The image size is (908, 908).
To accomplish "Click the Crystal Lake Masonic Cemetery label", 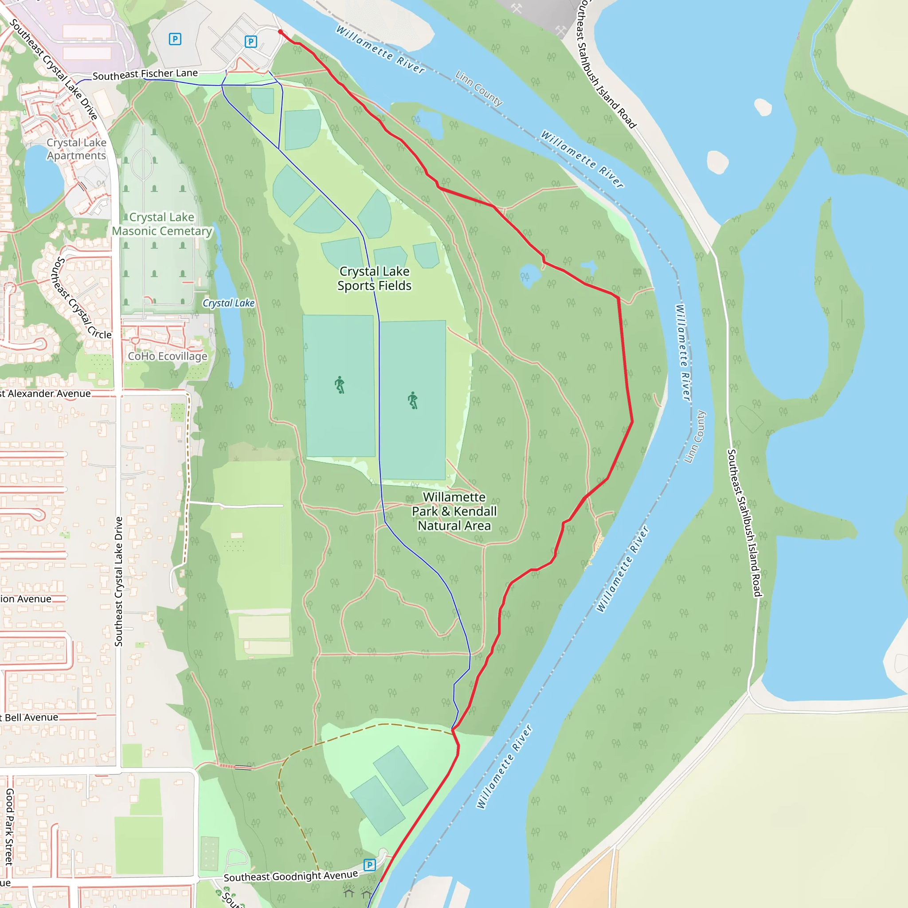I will pos(162,224).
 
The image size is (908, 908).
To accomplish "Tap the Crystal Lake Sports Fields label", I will pos(374,278).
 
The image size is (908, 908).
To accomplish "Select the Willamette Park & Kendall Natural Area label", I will pos(454,511).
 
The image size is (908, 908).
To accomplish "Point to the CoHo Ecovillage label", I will pos(167,356).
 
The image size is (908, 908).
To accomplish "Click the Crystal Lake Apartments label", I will pos(76,149).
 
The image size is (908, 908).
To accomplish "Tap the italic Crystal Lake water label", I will pos(228,303).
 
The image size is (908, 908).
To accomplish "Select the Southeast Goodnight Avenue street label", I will pos(290,876).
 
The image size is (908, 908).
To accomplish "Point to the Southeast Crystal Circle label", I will pos(81,297).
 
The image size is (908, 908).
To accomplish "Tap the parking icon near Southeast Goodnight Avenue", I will pos(369,865).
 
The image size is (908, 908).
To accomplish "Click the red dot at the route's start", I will pos(281,32).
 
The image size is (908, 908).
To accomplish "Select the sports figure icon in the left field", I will pos(339,385).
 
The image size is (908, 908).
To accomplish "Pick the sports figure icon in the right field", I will pos(413,400).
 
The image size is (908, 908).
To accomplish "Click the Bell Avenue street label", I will pos(31,718).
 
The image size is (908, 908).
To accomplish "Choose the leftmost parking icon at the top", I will pos(175,39).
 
